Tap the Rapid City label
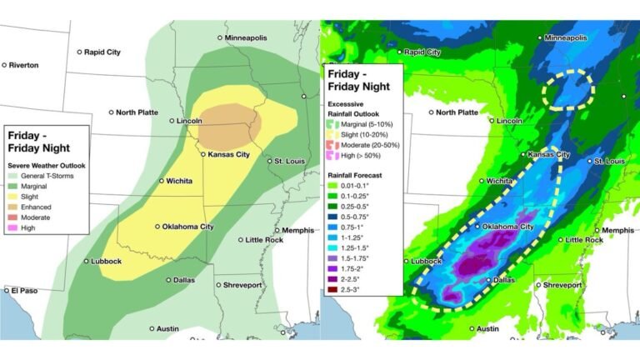point(103,52)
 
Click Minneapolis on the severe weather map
point(250,37)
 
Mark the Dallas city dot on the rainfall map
point(488,280)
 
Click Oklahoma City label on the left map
point(188,226)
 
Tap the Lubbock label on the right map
point(424,261)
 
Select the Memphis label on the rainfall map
point(616,230)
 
